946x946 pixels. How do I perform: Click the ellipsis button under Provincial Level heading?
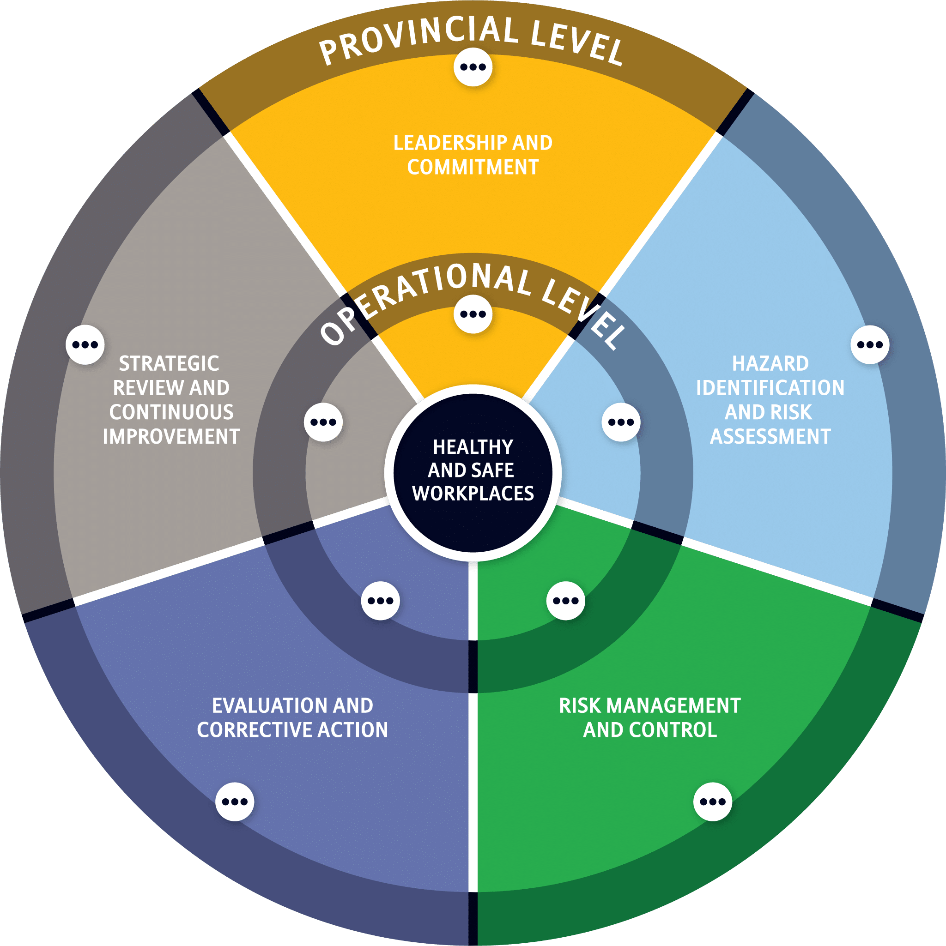coord(473,67)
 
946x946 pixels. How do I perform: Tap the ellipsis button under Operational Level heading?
coord(473,314)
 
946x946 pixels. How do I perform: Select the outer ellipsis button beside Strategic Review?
coord(85,345)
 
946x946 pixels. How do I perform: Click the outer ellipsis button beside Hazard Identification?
coord(870,345)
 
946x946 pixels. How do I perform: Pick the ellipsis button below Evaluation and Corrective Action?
coord(235,801)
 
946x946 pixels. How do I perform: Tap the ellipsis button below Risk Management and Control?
coord(713,801)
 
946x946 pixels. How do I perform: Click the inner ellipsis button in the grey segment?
coord(323,422)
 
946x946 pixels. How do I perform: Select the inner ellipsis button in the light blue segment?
coord(621,422)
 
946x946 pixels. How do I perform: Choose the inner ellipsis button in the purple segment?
coord(381,601)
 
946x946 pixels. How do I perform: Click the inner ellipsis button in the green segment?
coord(566,601)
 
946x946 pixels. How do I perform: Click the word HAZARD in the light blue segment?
coord(770,364)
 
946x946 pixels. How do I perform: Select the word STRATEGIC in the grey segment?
coord(169,364)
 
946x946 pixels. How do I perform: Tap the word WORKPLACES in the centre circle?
coord(473,494)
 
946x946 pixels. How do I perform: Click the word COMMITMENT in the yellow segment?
coord(473,168)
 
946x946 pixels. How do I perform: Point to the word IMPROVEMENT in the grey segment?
coord(171,436)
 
